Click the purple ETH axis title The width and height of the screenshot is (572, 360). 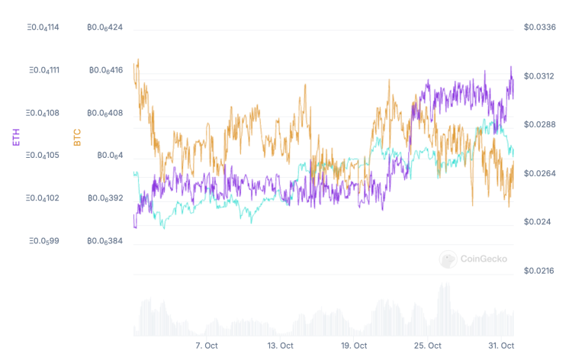(x=16, y=137)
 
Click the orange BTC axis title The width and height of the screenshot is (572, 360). (x=76, y=137)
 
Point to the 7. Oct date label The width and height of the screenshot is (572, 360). (x=207, y=346)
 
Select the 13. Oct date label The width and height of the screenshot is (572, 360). (x=281, y=346)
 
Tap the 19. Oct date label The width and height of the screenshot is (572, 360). (x=355, y=346)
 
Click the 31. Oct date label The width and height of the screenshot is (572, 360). (x=502, y=346)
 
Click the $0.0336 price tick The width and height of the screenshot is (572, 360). (x=539, y=27)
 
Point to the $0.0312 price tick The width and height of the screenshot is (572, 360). (x=539, y=76)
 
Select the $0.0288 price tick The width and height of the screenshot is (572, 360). (x=539, y=125)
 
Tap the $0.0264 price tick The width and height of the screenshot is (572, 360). (x=539, y=174)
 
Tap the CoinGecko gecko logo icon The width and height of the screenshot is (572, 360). (x=448, y=259)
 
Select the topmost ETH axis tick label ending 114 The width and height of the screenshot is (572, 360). (x=43, y=27)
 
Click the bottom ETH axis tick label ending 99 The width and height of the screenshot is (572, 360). (x=43, y=241)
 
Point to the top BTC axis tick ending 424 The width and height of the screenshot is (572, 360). (x=105, y=27)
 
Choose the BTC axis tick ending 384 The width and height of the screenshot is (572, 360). (x=105, y=241)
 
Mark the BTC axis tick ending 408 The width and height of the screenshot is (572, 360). (x=105, y=113)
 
